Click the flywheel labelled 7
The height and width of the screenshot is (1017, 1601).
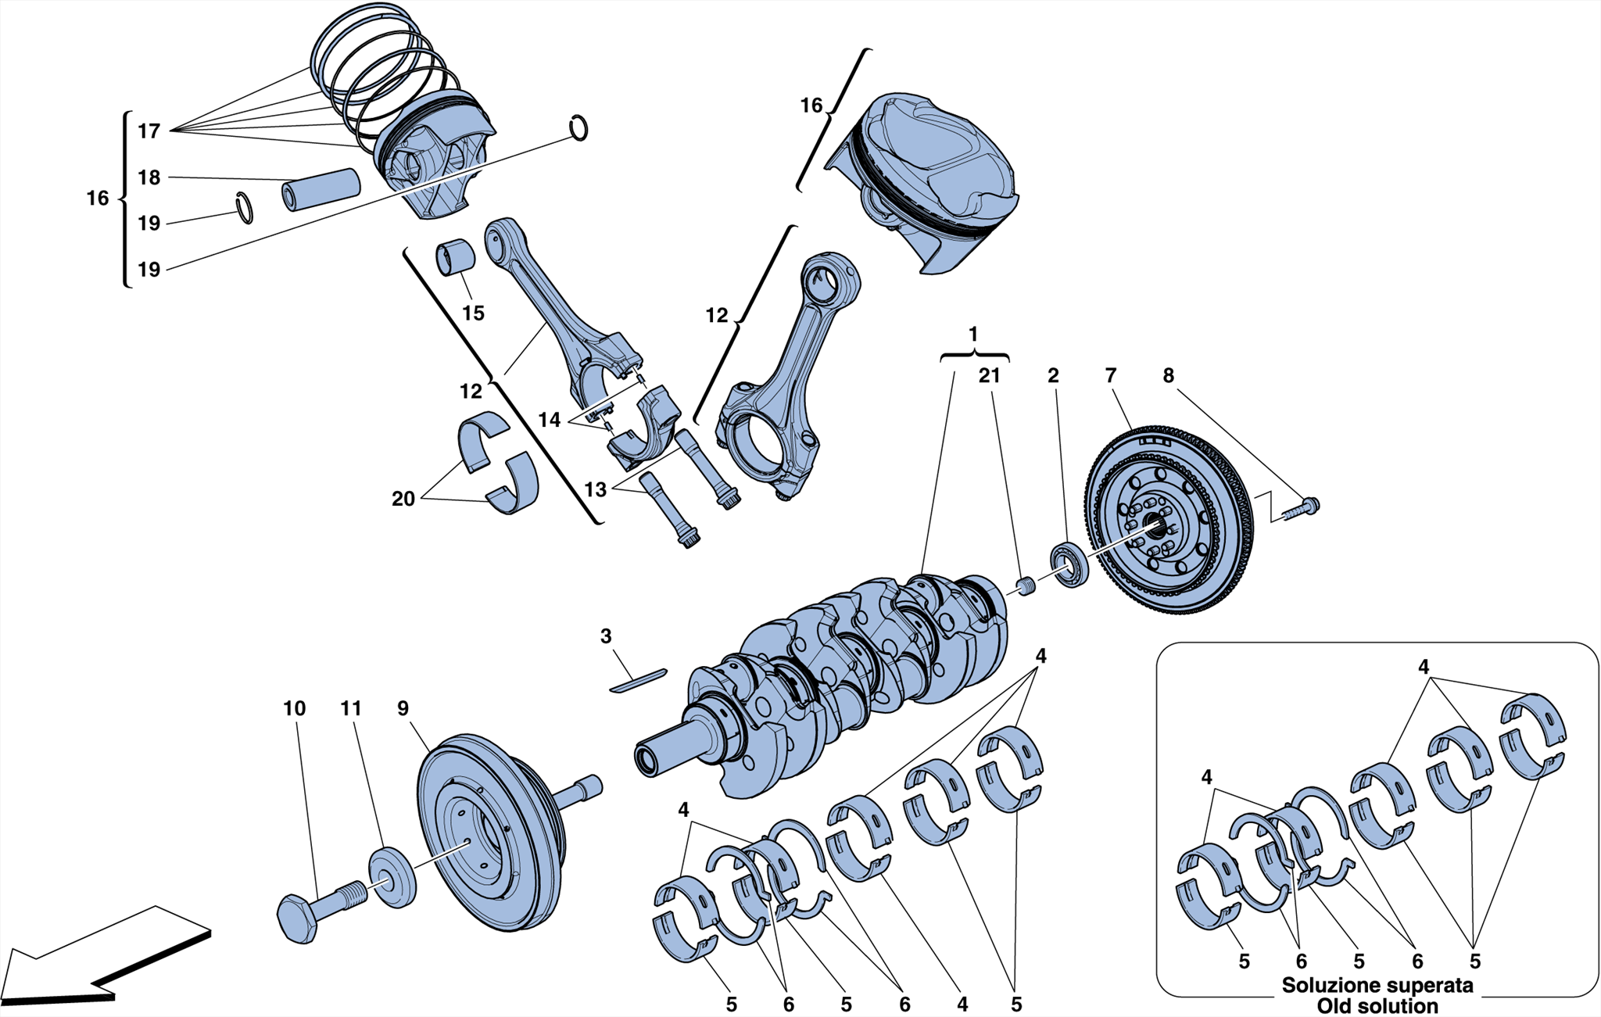coord(1169,520)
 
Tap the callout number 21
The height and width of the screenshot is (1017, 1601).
coord(989,376)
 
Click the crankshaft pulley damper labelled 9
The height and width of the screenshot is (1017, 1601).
coord(489,833)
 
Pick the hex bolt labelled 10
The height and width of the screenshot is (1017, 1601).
coord(313,915)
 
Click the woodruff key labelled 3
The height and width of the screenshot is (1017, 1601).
coord(638,680)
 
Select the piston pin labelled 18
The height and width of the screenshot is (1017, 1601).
coord(321,189)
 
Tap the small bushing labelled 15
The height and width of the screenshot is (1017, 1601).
coord(455,257)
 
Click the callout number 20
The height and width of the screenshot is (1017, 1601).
coord(403,499)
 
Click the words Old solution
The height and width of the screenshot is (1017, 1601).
coord(1377,1006)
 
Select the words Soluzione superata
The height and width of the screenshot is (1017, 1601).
coord(1377,986)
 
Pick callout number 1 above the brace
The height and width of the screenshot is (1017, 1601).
coord(973,335)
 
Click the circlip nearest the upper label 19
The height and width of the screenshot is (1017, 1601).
coord(245,208)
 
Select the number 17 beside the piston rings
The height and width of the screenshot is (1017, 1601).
coord(149,131)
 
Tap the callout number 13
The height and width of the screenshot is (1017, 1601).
coord(595,490)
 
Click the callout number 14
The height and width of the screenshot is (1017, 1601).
coord(549,421)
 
